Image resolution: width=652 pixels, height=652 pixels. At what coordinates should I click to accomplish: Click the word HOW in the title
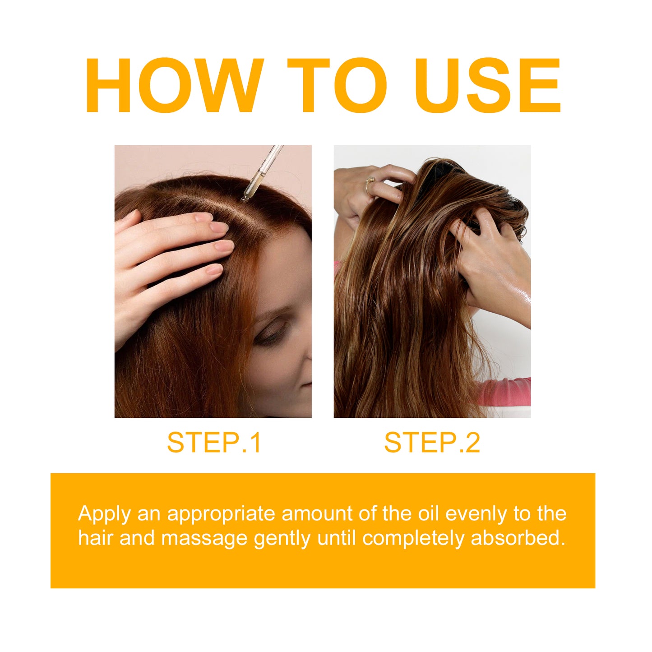[174, 86]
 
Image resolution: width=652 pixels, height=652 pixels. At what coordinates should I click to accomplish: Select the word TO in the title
[337, 86]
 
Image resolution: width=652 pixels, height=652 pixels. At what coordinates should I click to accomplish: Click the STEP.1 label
[214, 443]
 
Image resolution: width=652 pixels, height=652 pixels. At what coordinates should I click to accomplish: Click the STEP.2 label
[432, 443]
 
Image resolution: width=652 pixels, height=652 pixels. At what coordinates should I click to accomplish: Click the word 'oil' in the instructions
[429, 513]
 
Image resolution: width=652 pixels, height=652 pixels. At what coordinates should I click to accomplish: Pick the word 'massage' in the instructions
[204, 538]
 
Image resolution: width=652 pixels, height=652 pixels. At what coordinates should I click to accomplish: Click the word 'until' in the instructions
[337, 538]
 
